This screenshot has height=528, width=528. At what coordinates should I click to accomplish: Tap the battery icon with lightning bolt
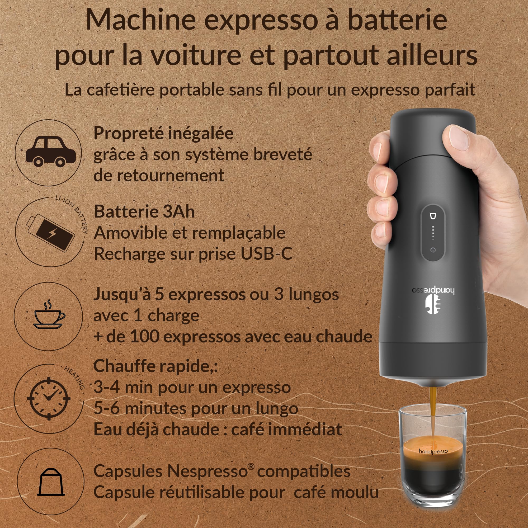point(51,232)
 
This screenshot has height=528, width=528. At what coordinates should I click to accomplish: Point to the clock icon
point(49,398)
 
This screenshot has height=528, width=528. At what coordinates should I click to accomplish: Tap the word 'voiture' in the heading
point(196,55)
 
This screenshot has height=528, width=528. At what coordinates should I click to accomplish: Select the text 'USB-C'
point(266,254)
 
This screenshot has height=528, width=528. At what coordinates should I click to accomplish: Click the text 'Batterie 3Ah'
point(144,211)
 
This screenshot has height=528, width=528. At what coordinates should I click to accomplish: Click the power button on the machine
point(432,250)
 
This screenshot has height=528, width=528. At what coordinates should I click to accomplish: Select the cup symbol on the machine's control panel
point(433,216)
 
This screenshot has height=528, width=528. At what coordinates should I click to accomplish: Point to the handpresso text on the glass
point(433,451)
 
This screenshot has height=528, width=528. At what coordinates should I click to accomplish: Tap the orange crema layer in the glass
point(433,451)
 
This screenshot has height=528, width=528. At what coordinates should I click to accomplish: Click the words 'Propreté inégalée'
point(163,133)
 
